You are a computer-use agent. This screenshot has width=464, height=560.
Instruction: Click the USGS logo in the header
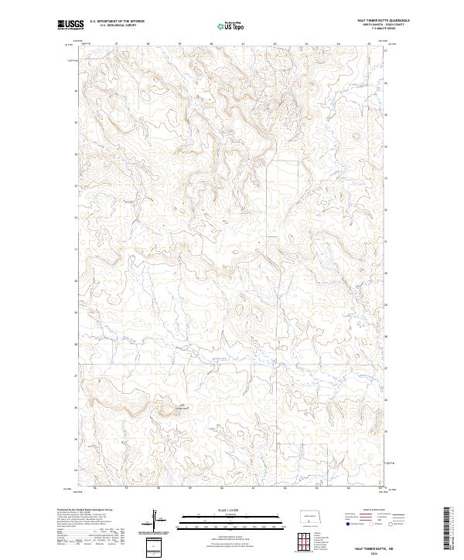pos(70,25)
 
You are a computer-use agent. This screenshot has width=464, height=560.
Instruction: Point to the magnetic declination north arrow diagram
pos(155,518)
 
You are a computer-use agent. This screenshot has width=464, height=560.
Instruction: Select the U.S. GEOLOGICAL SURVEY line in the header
pos(117,25)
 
